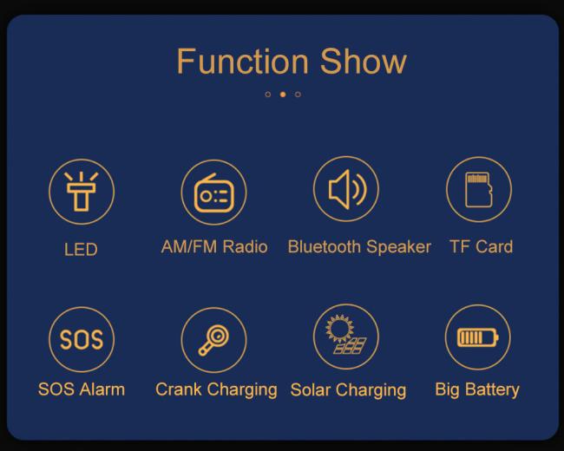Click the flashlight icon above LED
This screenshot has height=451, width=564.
pos(82,192)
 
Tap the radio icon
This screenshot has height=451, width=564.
pos(214,193)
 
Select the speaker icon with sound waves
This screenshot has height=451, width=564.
pos(347,190)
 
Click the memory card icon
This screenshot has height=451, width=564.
pos(479,190)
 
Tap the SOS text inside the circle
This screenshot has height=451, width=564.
pos(82,339)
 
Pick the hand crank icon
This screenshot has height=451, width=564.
pos(214,340)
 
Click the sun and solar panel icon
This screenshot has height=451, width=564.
pos(346,335)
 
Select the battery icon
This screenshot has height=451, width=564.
pos(478,337)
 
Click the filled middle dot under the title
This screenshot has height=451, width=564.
pos(283,95)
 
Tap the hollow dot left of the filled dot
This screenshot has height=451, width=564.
pos(267,95)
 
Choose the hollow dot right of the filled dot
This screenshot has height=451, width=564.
pos(298,95)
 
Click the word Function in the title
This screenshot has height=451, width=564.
pos(242,62)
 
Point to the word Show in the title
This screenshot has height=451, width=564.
pos(364,62)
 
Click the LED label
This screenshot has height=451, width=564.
pos(81,249)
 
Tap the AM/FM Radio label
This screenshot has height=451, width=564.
pos(214,246)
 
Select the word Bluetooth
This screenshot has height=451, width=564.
pos(325,246)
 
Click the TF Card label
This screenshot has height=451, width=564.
pos(482,246)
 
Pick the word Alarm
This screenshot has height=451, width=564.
pos(102,389)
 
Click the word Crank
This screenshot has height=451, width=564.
pos(179,389)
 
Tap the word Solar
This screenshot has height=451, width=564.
pos(311,389)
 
